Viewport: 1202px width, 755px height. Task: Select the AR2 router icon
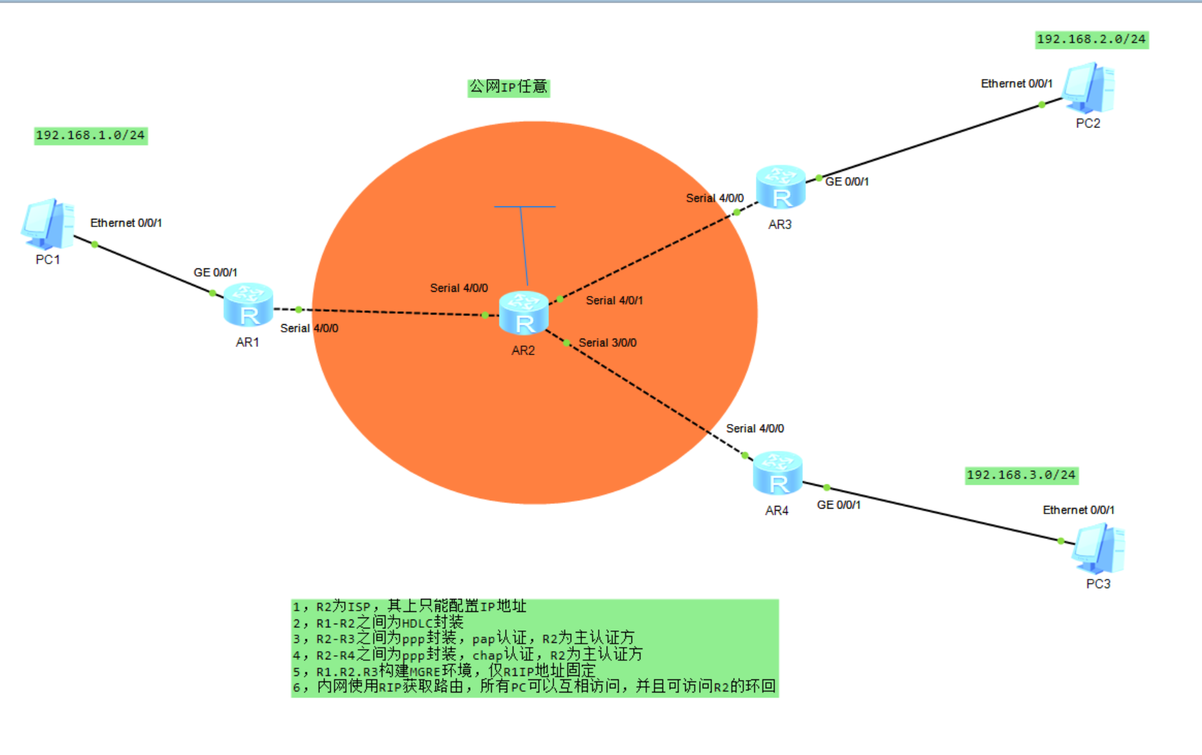(x=524, y=313)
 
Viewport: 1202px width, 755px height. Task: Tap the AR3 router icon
(x=780, y=187)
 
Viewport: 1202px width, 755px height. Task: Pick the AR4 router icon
(x=777, y=474)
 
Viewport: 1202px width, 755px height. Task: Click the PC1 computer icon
(x=47, y=224)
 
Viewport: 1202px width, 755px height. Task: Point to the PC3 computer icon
(x=1098, y=549)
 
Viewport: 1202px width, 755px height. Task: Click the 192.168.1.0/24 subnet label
(x=91, y=136)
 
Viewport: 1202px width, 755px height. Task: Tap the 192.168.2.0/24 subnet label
(x=1091, y=39)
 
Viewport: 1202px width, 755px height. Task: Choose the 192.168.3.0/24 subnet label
(x=1021, y=475)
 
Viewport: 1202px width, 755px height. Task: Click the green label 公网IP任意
(x=508, y=87)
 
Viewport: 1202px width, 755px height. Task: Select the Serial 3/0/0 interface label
(x=608, y=343)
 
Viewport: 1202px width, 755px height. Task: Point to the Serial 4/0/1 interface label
(x=614, y=301)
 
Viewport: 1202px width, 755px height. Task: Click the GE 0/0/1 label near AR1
(x=215, y=273)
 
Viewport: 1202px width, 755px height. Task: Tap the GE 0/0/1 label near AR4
(x=839, y=505)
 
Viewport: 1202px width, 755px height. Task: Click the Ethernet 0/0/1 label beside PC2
(x=1016, y=84)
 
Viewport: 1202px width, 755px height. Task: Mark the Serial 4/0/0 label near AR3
(x=715, y=198)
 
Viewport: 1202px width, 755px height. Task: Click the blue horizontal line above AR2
(x=525, y=206)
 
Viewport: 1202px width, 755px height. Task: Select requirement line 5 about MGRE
(x=444, y=671)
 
